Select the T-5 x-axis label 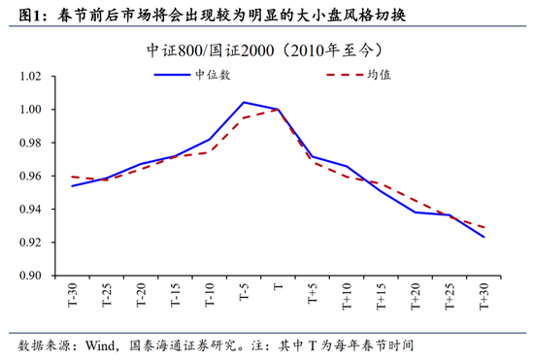pyautogui.click(x=244, y=294)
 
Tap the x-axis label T pyautogui.click(x=278, y=288)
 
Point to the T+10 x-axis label pyautogui.click(x=346, y=296)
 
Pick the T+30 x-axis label pyautogui.click(x=483, y=296)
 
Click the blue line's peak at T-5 pyautogui.click(x=243, y=102)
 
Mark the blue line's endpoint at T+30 pyautogui.click(x=483, y=237)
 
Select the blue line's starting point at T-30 pyautogui.click(x=72, y=185)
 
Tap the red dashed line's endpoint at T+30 pyautogui.click(x=483, y=228)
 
